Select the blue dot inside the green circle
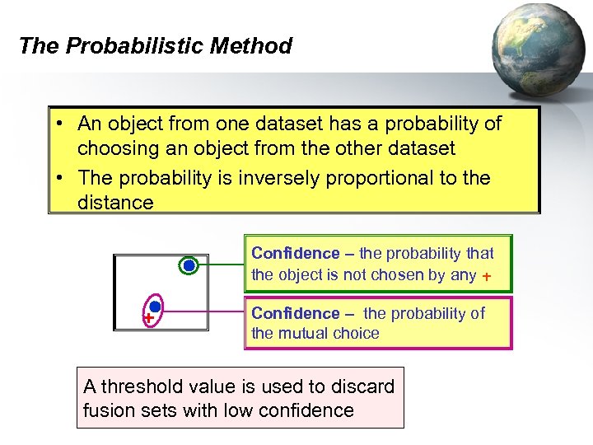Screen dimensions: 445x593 (189, 265)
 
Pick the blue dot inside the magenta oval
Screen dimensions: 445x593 (155, 307)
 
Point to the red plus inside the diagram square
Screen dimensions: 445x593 (148, 318)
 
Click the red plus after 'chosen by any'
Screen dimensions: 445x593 (487, 277)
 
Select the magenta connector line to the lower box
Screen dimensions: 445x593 (206, 312)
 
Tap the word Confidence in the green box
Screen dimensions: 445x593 (295, 254)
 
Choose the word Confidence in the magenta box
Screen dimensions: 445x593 (295, 313)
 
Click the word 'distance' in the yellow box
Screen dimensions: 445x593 (115, 203)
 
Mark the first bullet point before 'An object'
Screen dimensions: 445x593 (62, 124)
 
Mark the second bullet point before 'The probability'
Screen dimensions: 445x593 (62, 178)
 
